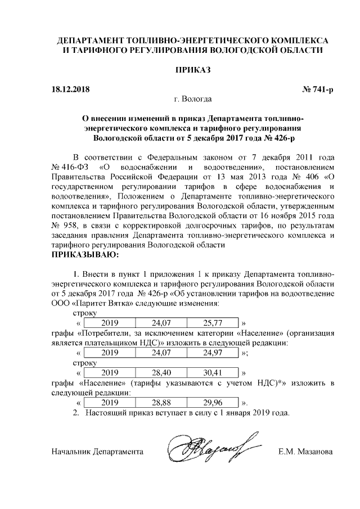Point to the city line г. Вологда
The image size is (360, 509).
coord(193,100)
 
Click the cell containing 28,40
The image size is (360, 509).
coord(161,372)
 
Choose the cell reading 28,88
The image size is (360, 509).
coord(161,402)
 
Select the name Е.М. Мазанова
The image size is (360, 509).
coord(306,452)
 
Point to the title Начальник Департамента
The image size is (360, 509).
coord(97,452)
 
